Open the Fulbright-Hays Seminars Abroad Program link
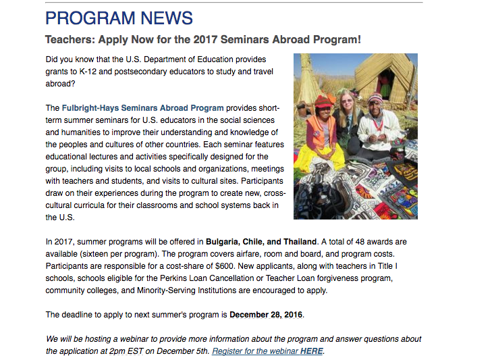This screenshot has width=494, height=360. [x=142, y=108]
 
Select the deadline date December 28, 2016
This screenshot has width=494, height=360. [x=267, y=315]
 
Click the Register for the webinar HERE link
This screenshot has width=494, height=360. [x=268, y=351]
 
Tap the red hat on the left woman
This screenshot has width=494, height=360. [x=323, y=101]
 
